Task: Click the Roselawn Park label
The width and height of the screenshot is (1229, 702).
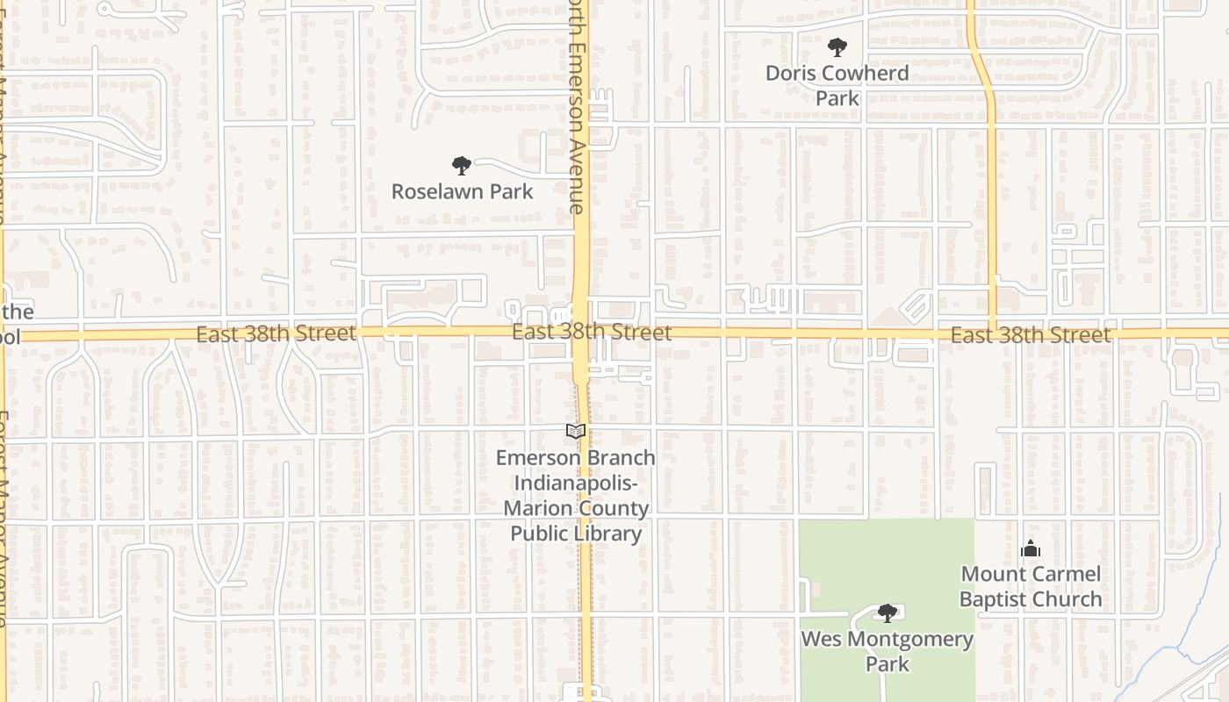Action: (462, 191)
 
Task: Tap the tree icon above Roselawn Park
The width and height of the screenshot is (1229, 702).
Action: (461, 165)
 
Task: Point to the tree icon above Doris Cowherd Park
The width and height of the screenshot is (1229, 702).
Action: (837, 47)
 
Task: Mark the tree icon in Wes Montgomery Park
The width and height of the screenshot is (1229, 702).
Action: (888, 612)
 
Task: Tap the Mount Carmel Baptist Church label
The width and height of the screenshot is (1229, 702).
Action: (1031, 586)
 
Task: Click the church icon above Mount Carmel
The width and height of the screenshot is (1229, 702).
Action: (1031, 549)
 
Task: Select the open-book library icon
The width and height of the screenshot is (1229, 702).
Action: (576, 431)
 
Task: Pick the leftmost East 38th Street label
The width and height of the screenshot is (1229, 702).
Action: (276, 334)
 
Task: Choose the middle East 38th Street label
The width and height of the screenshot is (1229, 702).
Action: (592, 333)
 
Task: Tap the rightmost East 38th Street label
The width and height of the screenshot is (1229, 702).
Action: (1031, 335)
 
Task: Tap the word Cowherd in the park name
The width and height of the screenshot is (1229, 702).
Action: (866, 73)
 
